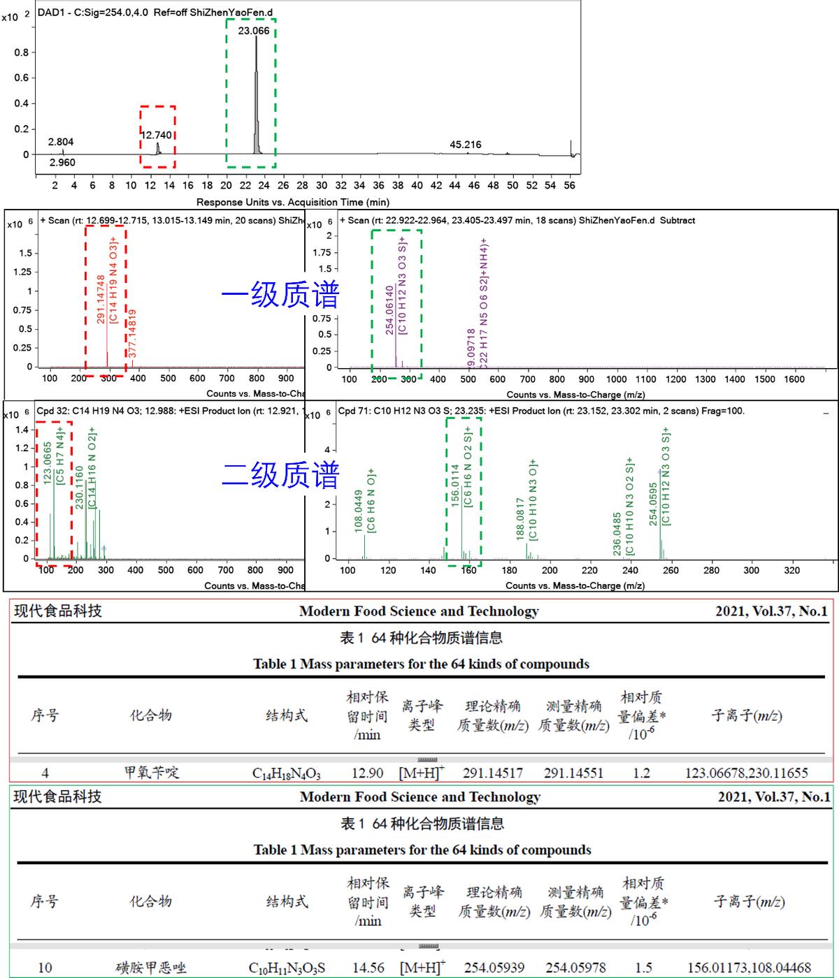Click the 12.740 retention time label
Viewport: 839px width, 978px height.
[157, 135]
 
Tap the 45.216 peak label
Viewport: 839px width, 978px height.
[466, 145]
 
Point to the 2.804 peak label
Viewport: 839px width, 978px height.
[61, 142]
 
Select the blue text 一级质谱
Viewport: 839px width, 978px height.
[280, 295]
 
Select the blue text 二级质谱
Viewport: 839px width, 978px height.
[280, 476]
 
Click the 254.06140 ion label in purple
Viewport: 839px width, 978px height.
[389, 310]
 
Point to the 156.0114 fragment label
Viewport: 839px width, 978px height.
[455, 485]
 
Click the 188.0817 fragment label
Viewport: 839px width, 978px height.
[520, 518]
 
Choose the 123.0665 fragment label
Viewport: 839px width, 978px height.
[48, 462]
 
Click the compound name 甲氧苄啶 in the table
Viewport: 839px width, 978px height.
[152, 773]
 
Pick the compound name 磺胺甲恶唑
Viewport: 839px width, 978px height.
[150, 968]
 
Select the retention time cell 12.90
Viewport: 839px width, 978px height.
[367, 773]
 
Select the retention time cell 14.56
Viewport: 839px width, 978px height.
[368, 968]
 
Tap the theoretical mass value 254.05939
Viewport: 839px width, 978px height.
[494, 968]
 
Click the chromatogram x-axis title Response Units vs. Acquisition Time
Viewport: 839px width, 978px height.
[292, 203]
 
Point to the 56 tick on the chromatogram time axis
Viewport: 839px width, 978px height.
[570, 186]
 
